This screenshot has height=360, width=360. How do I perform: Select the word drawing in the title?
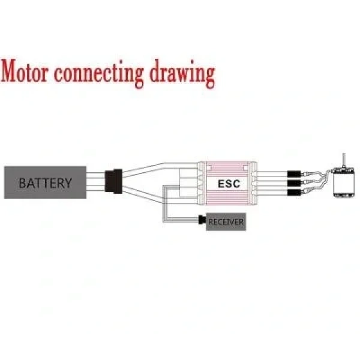tap(182, 74)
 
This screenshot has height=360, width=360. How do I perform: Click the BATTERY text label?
tap(45, 183)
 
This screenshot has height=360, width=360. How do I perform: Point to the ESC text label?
tap(229, 184)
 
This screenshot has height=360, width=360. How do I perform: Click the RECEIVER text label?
tap(226, 222)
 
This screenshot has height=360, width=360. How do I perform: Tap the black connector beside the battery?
tap(113, 181)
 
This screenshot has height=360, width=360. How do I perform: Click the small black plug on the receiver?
tap(202, 220)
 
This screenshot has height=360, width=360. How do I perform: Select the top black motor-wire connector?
tap(294, 174)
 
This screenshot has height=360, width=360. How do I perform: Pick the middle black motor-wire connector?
tap(294, 183)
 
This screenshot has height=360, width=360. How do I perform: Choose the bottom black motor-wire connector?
tap(294, 192)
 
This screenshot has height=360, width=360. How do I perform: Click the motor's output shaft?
tap(344, 160)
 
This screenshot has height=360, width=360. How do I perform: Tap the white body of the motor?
tap(344, 183)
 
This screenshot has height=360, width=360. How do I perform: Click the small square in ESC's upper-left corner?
tap(209, 168)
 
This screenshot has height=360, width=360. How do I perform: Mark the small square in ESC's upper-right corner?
tap(245, 168)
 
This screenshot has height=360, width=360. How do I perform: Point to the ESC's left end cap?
tap(202, 183)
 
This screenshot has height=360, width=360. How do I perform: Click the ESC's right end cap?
tap(253, 183)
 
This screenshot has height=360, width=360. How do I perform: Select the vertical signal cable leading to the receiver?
tap(165, 203)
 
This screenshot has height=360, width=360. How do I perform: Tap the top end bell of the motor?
tap(344, 170)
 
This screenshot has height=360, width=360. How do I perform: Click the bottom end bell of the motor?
tap(344, 196)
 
